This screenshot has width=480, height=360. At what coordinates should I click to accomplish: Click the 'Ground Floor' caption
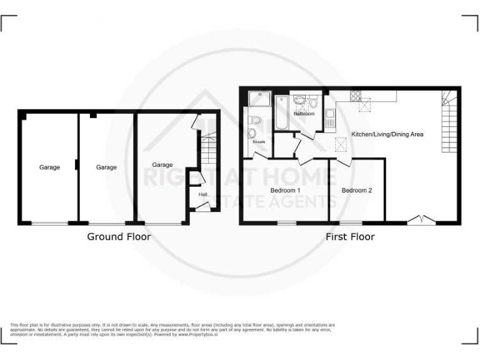pyautogui.click(x=118, y=237)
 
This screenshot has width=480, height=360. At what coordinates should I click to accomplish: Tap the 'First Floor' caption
pyautogui.click(x=349, y=237)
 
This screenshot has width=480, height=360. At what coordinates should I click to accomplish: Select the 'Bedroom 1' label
pyautogui.click(x=285, y=190)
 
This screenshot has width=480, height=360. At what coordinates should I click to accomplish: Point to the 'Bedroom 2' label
pyautogui.click(x=357, y=190)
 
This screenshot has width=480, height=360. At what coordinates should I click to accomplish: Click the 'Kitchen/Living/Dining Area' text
pyautogui.click(x=387, y=134)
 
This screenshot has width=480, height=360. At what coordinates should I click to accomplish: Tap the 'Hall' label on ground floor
pyautogui.click(x=202, y=195)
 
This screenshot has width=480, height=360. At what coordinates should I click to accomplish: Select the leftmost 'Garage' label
pyautogui.click(x=50, y=167)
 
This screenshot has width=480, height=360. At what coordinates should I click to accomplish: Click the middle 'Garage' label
pyautogui.click(x=106, y=167)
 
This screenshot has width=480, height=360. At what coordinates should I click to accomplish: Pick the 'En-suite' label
pyautogui.click(x=258, y=142)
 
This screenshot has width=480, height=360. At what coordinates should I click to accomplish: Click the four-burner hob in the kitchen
pyautogui.click(x=356, y=96)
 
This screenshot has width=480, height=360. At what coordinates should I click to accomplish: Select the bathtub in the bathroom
pyautogui.click(x=282, y=112)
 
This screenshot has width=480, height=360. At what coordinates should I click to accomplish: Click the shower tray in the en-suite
pyautogui.click(x=257, y=99)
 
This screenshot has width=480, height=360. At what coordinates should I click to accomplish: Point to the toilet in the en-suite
pyautogui.click(x=252, y=120)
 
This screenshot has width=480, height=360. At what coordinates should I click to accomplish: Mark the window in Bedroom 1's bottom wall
pyautogui.click(x=287, y=222)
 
